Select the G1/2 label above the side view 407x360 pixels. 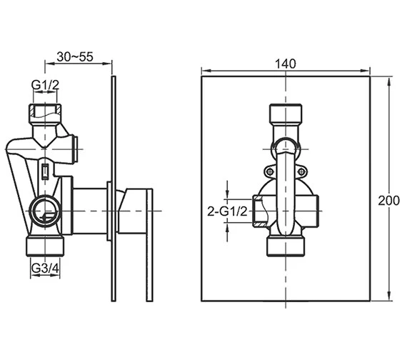(45, 86)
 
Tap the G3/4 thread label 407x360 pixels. (45, 269)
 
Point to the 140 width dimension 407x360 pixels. (285, 64)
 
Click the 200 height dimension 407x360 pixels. (388, 201)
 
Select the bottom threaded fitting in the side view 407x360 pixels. (45, 246)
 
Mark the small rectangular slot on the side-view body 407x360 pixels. (45, 172)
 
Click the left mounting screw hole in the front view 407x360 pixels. (269, 171)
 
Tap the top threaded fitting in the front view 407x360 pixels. (285, 114)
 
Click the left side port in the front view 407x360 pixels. (260, 211)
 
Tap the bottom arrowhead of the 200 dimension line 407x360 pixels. (389, 298)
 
